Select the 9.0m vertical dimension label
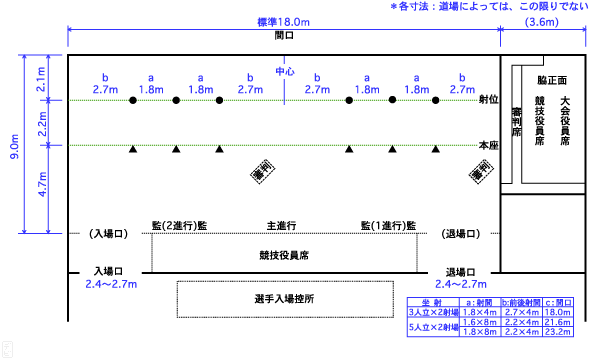coord(13,145)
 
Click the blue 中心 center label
coord(284,72)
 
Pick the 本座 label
coord(488,146)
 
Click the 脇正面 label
coord(552,79)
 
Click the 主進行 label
coord(283,226)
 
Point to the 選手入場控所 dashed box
coord(284,299)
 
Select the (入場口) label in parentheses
coord(107,233)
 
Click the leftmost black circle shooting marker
coord(132,101)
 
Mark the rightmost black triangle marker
coord(436,149)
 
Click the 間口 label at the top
coord(284,35)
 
